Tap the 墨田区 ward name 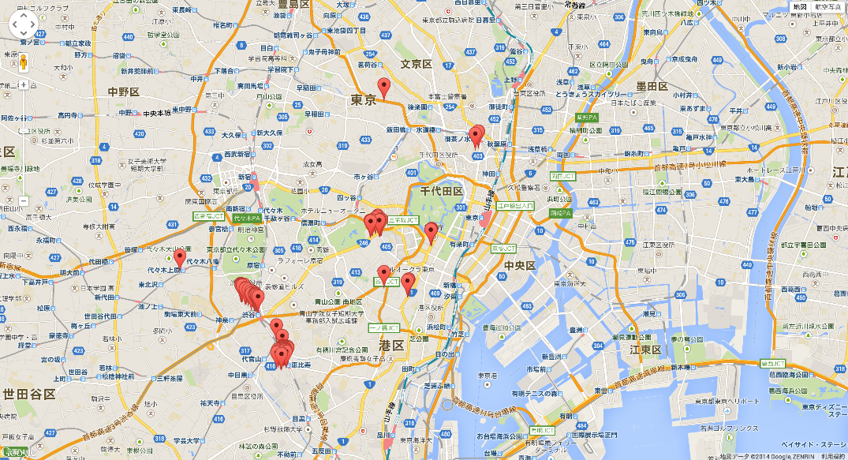[652, 86]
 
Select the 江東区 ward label [644, 350]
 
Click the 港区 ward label [390, 346]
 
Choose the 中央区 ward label [520, 265]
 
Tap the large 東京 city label [364, 100]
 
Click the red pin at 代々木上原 [180, 258]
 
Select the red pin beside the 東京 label [384, 88]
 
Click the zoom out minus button [23, 200]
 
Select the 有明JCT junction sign [544, 431]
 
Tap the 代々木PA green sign [249, 215]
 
